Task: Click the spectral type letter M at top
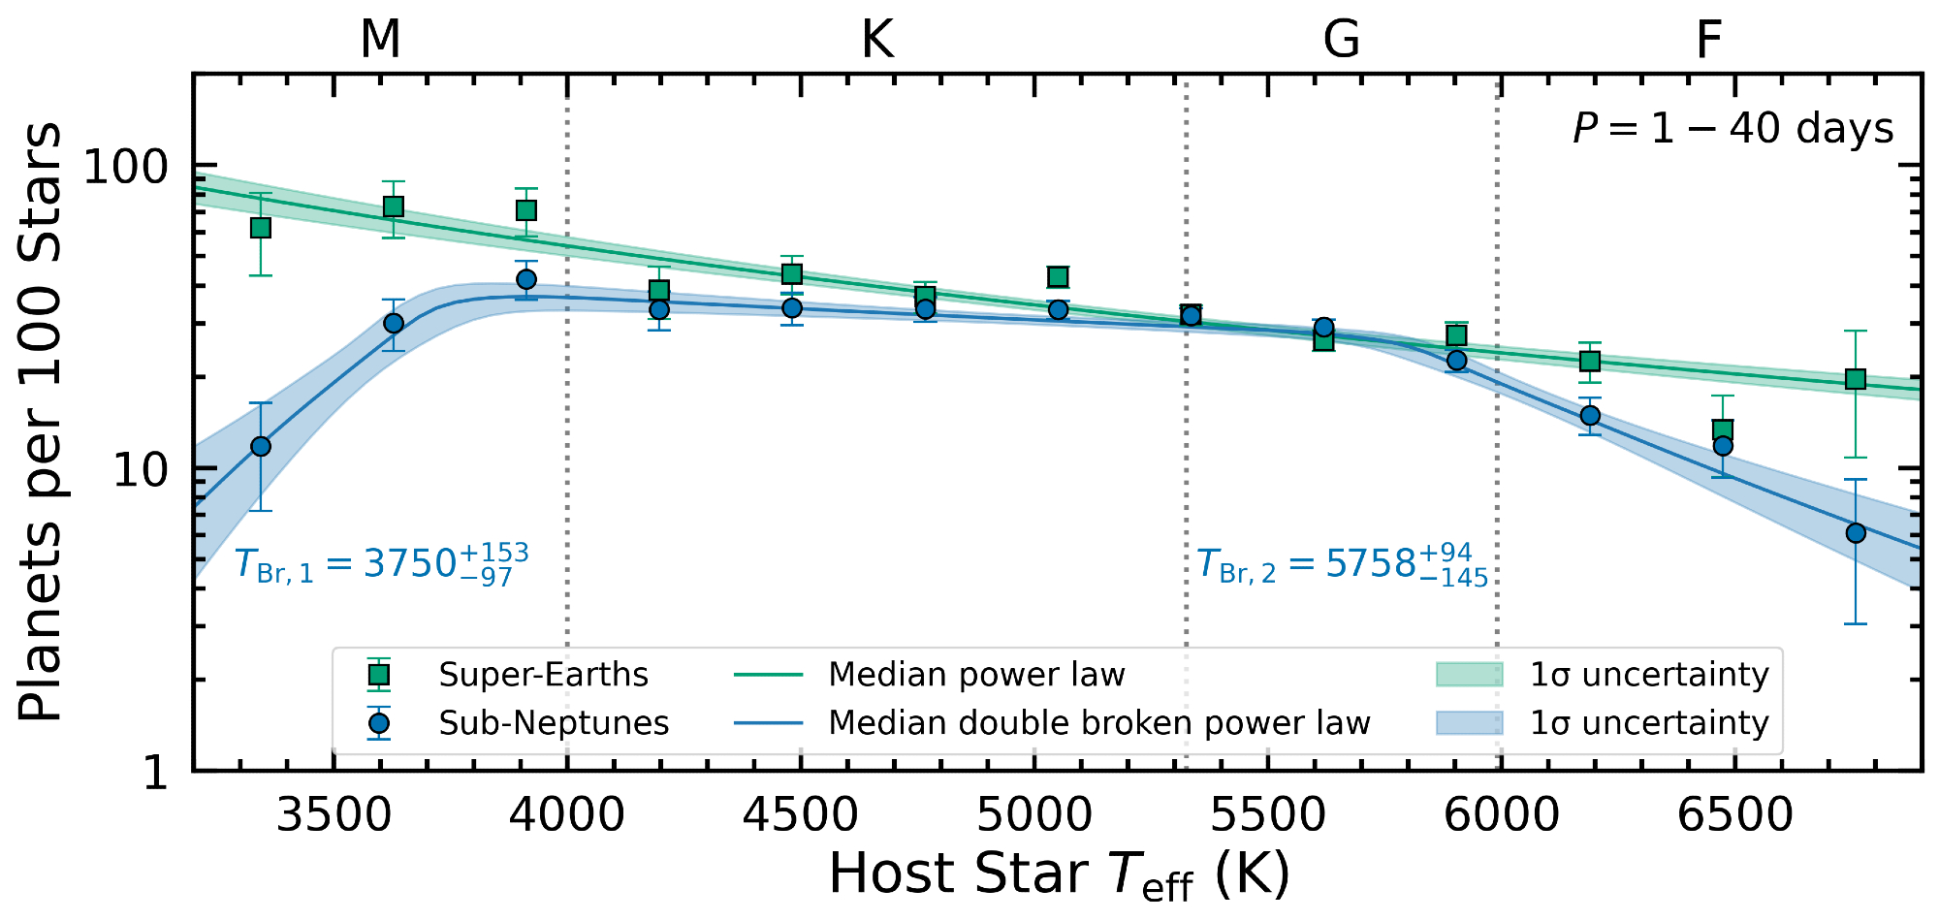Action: (380, 40)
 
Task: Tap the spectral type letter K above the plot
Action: (876, 40)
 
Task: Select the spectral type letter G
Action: (1342, 40)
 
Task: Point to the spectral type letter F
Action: (1708, 40)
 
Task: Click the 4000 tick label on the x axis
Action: (567, 814)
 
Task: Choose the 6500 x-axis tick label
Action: (1735, 814)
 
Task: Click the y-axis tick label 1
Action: (156, 773)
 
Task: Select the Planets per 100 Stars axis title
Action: (41, 422)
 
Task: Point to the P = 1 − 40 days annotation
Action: (1732, 129)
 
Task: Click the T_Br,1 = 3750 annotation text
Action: (382, 564)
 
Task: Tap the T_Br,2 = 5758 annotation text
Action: (1342, 564)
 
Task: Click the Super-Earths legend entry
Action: (543, 675)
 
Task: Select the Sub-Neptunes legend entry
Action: (554, 723)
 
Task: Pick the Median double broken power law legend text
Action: (1098, 723)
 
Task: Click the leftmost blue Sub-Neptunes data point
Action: (261, 447)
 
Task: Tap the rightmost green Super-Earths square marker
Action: (1856, 379)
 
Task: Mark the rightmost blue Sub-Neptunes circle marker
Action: (1856, 533)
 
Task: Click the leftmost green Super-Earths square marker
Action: (261, 228)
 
